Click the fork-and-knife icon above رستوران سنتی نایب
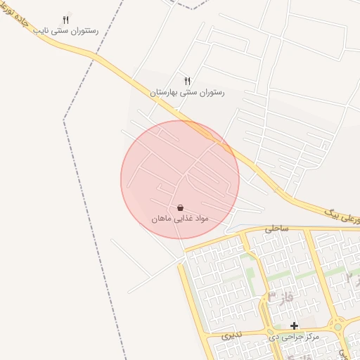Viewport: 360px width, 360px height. coord(66,20)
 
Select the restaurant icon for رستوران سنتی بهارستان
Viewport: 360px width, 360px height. coord(187,82)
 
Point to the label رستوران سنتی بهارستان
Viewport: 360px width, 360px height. coord(187,92)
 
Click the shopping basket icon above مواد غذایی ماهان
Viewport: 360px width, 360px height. coord(181,208)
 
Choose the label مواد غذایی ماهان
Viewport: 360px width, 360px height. coord(181,219)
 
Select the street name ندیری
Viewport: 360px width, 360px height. coord(230,336)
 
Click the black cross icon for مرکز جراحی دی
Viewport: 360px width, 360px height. coord(294,326)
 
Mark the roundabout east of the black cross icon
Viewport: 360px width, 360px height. coord(338,326)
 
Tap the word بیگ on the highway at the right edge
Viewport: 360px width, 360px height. coord(333,210)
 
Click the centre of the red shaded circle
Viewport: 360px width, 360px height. coord(180,179)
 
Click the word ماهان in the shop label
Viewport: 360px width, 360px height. coord(163,219)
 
